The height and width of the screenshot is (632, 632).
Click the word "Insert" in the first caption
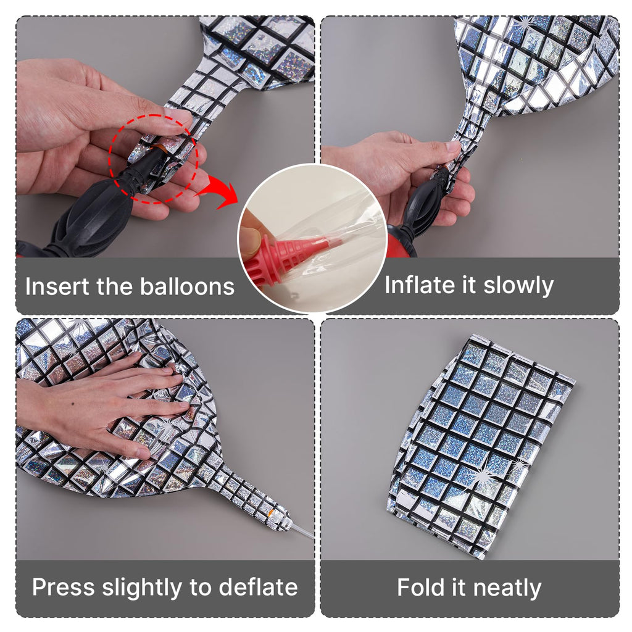click(57, 286)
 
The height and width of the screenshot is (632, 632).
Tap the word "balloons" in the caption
click(187, 286)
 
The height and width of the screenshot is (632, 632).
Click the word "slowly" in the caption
click(518, 286)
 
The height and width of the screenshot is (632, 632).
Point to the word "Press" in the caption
click(64, 587)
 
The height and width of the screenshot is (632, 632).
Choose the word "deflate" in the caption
click(259, 587)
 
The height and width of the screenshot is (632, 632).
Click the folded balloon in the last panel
click(481, 446)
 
